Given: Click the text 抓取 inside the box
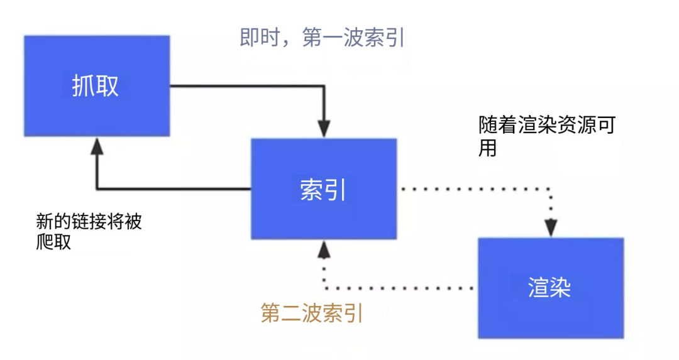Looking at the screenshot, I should click(96, 86).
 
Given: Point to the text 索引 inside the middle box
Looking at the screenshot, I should click(323, 189).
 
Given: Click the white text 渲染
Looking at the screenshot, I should click(549, 288).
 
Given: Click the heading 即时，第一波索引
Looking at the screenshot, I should click(323, 38).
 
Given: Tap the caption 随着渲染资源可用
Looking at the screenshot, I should click(546, 126).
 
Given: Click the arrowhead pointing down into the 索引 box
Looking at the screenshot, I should click(323, 131).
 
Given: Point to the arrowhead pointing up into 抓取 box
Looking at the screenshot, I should click(96, 146).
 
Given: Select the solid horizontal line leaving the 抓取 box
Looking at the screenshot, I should click(245, 86).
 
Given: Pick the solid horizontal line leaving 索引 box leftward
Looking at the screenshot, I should click(173, 188).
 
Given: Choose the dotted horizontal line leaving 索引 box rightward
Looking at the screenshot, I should click(475, 188).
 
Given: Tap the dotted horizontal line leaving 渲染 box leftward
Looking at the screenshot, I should click(399, 288).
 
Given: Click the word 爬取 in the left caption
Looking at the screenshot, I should click(54, 243).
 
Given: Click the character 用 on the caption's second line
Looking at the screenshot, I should click(487, 148).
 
